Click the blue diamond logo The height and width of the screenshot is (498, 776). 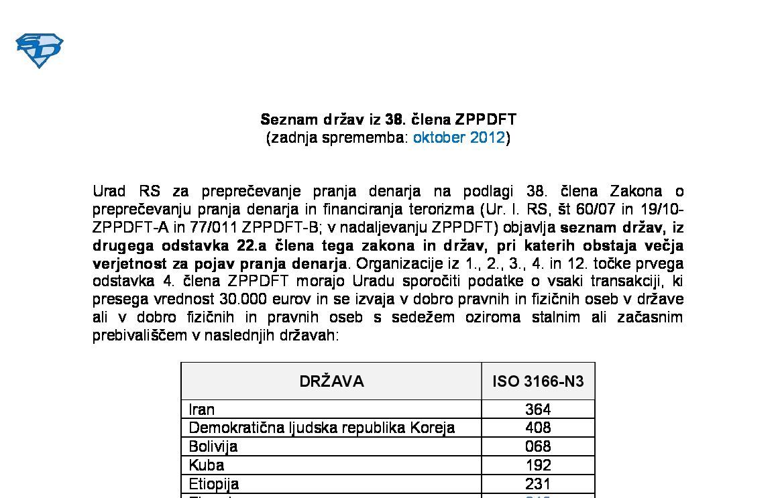point(39,50)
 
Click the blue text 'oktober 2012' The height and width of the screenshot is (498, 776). point(459,138)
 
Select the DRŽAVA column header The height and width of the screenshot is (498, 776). point(331,381)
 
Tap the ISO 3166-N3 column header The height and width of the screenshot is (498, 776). point(538,381)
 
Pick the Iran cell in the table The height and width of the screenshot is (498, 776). point(202,409)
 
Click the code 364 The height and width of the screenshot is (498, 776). point(538,409)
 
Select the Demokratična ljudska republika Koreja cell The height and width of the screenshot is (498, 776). point(322,428)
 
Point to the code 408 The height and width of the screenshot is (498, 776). point(538,428)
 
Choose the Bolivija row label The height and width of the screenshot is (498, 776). point(213,446)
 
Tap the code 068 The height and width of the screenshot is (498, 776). point(538,446)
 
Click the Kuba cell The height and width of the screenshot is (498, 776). point(207,465)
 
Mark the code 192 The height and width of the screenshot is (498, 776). point(538,465)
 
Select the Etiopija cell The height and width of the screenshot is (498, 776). point(214,484)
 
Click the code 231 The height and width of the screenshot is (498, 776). point(538,484)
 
